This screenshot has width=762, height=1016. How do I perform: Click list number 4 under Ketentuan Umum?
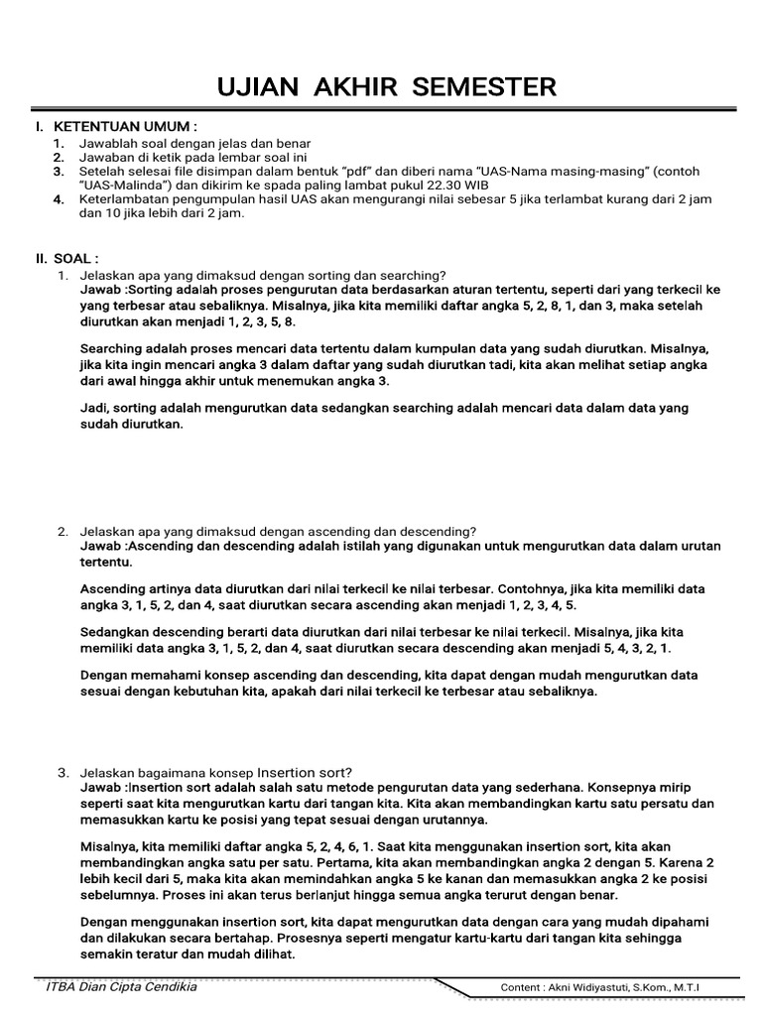click(x=59, y=199)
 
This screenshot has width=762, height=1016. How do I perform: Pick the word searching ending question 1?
click(x=416, y=275)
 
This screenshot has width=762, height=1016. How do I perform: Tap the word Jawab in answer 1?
click(x=101, y=290)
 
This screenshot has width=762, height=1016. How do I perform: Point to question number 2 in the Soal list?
click(x=62, y=531)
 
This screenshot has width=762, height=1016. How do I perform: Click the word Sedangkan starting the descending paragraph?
click(x=117, y=632)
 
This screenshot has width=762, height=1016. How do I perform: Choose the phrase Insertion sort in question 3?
click(x=303, y=773)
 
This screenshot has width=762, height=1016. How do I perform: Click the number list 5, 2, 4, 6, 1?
click(x=319, y=845)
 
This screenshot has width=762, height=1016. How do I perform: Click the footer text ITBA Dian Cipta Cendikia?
click(x=122, y=987)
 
